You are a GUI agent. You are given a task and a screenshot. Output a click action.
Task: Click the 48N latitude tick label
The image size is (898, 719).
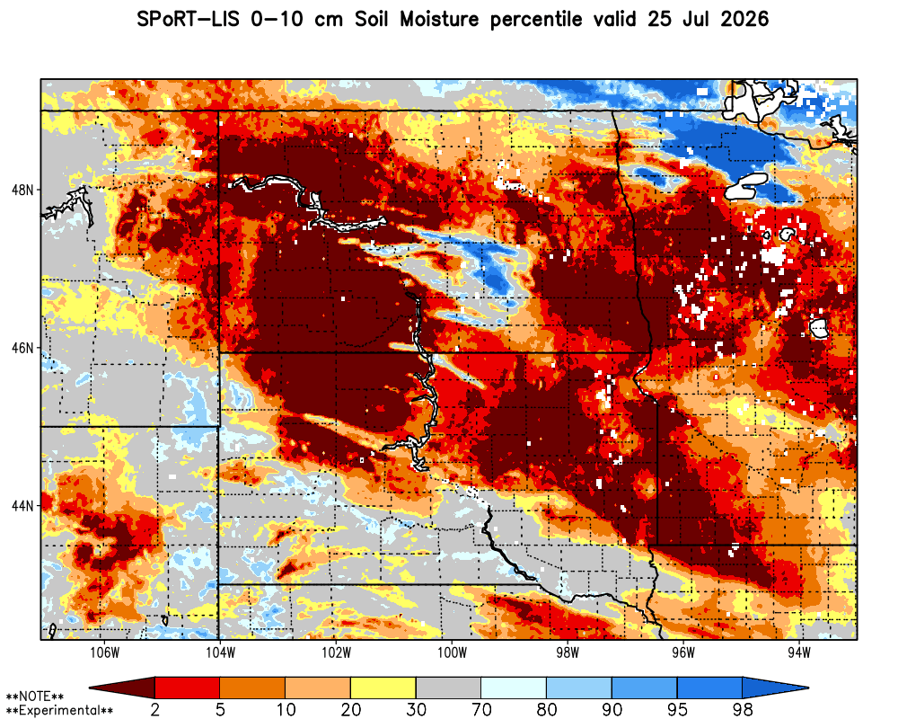[22, 190]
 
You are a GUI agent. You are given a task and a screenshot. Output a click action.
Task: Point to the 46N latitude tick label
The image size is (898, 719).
[22, 348]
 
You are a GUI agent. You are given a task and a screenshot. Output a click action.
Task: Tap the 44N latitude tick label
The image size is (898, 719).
[22, 506]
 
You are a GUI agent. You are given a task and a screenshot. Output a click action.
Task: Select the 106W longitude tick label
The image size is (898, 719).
[105, 653]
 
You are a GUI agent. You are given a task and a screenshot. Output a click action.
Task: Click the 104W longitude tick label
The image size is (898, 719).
[221, 653]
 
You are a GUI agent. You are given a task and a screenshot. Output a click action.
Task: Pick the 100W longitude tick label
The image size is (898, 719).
[452, 653]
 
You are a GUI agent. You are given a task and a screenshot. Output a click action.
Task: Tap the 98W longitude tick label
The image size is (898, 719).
[568, 653]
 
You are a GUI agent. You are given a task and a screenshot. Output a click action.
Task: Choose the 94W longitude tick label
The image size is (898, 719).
[799, 653]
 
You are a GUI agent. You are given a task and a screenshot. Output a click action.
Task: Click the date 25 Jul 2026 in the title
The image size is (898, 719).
[709, 20]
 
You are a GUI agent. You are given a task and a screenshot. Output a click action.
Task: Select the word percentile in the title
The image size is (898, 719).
[535, 20]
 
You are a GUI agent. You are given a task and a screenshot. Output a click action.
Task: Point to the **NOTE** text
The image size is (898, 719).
[34, 697]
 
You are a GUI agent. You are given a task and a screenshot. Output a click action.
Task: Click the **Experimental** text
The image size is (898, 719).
[59, 711]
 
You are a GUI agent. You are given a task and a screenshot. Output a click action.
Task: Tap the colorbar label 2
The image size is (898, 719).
[154, 710]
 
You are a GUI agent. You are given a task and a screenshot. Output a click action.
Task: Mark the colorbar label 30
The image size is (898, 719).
[416, 710]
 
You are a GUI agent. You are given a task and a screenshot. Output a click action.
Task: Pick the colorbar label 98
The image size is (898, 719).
[743, 710]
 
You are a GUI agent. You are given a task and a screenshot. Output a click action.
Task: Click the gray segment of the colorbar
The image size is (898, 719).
[448, 688]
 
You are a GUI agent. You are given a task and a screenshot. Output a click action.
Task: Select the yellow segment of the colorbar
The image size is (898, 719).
[383, 688]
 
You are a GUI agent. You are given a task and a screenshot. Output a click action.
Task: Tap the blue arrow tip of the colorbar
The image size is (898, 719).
[807, 688]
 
